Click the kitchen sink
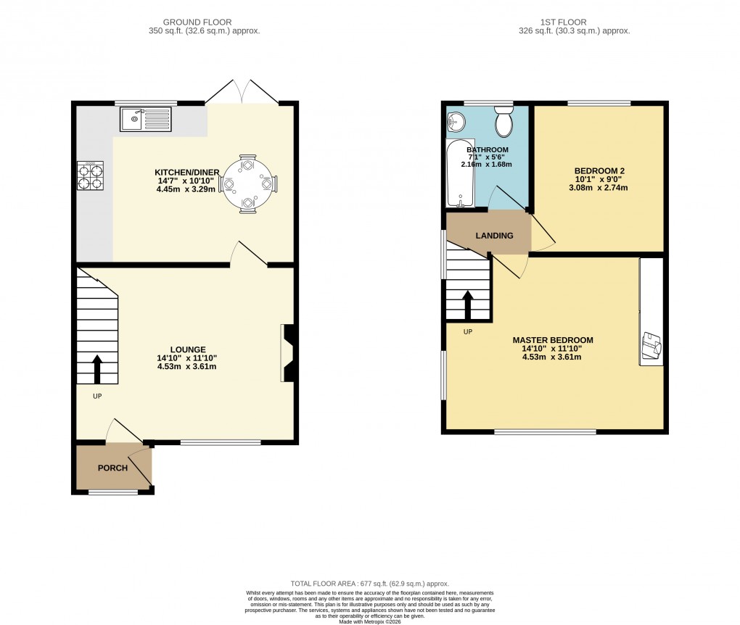click(147, 119)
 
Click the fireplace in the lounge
click(287, 353)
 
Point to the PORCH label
click(112, 468)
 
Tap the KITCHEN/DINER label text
click(187, 172)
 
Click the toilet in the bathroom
click(503, 123)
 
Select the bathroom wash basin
click(456, 122)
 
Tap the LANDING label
click(494, 236)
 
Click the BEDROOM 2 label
click(599, 171)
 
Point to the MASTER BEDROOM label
click(553, 340)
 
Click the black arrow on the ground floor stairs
click(97, 368)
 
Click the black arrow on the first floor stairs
click(468, 305)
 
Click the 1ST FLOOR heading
click(573, 22)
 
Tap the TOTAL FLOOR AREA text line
click(369, 584)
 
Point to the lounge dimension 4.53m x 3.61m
click(186, 367)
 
